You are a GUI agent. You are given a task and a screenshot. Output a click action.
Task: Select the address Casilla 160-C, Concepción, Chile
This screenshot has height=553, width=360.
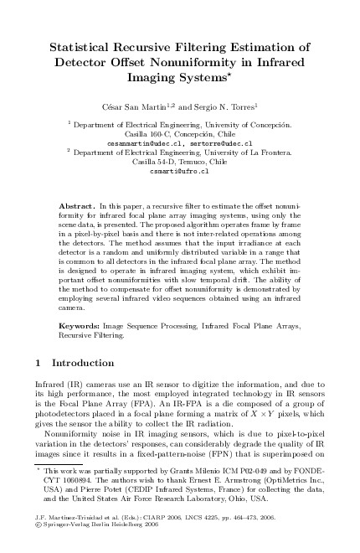(179, 133)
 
